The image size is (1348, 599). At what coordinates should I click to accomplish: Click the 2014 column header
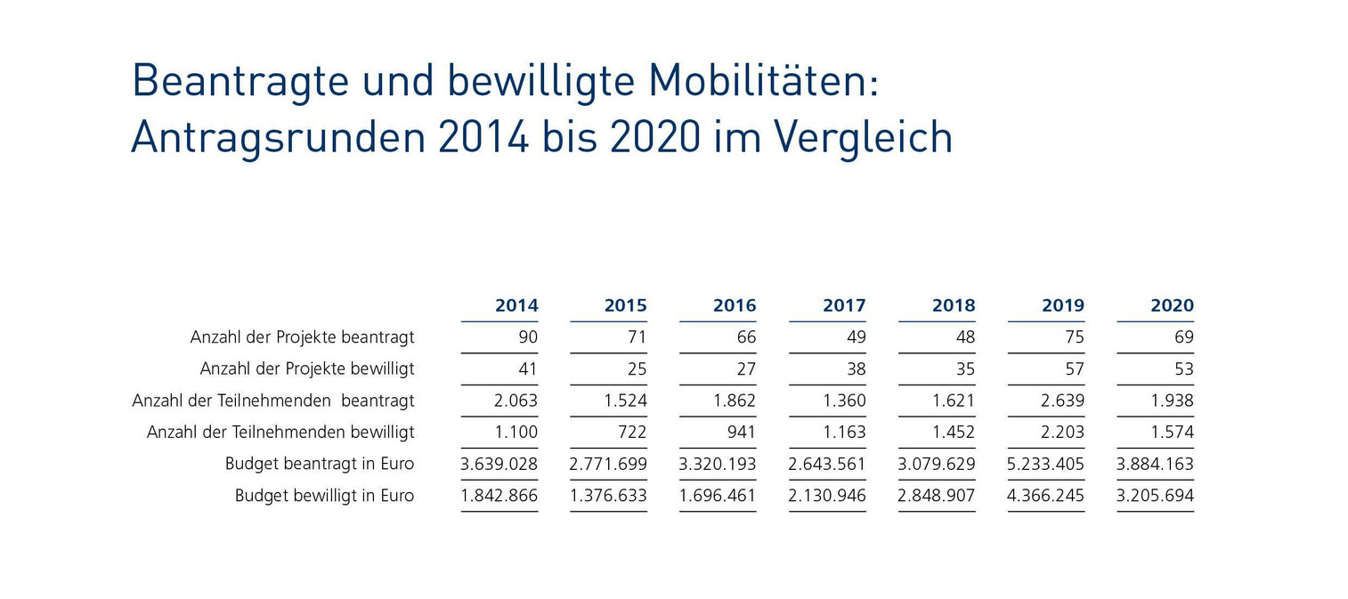coord(516,305)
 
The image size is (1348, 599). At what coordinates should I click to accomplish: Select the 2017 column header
coord(844,305)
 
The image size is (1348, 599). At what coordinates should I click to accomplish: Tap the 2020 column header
coord(1172,305)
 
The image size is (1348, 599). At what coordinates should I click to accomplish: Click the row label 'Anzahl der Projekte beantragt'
coord(302,337)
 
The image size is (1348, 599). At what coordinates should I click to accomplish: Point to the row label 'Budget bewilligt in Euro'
coord(324,496)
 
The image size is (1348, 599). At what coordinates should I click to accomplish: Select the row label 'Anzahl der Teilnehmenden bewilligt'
coord(280,433)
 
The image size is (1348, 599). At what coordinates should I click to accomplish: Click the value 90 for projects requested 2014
coord(528,337)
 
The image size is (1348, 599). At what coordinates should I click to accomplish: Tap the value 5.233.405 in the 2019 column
coord(1045,464)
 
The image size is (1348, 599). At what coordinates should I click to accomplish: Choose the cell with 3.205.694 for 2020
coord(1155,496)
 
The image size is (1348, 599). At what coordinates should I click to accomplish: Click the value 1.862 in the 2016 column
coord(734,401)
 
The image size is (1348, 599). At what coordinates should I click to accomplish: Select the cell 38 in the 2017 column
coord(856,368)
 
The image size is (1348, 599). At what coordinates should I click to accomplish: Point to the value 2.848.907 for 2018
coord(937,496)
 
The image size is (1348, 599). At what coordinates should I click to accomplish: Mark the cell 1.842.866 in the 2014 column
coord(499,496)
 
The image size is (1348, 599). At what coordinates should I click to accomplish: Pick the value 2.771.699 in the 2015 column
coord(608,464)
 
